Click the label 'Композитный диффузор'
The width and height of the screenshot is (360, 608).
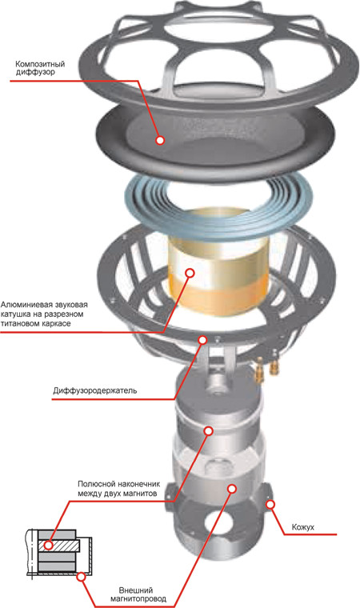[x=39, y=68]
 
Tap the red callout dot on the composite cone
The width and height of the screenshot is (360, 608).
[x=160, y=140]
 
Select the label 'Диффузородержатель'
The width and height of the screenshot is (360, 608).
[x=94, y=390]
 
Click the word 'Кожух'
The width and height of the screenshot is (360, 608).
[x=302, y=527]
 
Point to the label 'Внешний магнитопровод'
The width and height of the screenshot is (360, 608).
[x=138, y=595]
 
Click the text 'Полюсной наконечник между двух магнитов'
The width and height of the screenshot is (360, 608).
[x=118, y=489]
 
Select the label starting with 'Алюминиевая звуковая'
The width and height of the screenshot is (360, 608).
[x=44, y=314]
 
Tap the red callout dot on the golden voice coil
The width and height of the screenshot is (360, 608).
[x=190, y=273]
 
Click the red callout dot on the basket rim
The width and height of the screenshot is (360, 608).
[x=202, y=340]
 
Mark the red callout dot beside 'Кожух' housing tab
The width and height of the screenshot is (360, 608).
[x=270, y=505]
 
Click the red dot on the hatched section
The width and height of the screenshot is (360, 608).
[x=49, y=546]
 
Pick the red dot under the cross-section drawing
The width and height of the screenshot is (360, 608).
[x=81, y=577]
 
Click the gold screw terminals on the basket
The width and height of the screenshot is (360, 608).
[x=268, y=366]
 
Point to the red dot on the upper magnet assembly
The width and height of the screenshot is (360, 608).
[x=209, y=430]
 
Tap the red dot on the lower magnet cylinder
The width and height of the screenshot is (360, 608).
[x=232, y=489]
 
